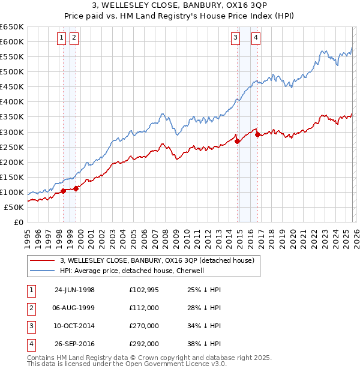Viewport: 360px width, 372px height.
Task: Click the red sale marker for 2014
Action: (237, 142)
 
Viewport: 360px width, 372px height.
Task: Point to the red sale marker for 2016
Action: (257, 134)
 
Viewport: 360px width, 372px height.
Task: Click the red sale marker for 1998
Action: (64, 191)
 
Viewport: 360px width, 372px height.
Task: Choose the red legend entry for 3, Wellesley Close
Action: (157, 260)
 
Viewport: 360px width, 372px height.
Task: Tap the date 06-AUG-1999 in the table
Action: (74, 308)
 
